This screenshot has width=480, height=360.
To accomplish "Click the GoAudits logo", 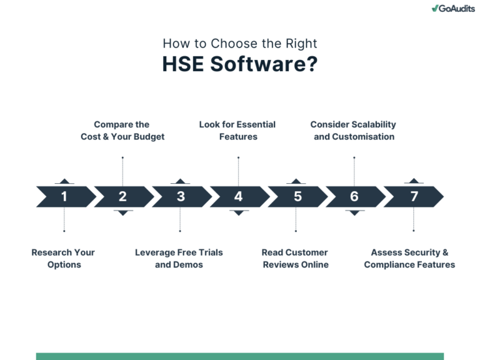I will click(x=452, y=8).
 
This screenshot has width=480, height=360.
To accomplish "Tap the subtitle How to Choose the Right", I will click(x=240, y=44).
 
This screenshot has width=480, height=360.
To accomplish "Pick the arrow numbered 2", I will click(x=122, y=196).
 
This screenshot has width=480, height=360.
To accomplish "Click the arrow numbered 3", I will click(x=181, y=196).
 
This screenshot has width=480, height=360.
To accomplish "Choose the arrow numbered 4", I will click(x=238, y=196).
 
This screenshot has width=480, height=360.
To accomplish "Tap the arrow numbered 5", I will click(x=297, y=196).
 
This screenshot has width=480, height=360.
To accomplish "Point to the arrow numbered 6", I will click(x=354, y=196).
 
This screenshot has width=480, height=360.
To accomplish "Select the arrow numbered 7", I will click(x=414, y=196).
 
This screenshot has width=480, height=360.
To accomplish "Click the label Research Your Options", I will click(x=64, y=258).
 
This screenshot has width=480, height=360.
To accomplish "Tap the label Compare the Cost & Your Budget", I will click(x=122, y=130).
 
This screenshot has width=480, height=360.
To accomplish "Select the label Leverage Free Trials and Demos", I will click(x=179, y=258).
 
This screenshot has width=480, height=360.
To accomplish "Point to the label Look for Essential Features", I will click(x=237, y=130).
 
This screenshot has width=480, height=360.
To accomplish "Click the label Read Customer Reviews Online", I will click(x=295, y=258).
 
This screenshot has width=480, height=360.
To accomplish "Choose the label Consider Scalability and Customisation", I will click(x=354, y=130).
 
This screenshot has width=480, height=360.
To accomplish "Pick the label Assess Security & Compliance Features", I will click(x=410, y=258).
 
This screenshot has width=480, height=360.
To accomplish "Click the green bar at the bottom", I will click(x=240, y=356).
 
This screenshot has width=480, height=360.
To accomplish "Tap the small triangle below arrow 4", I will click(x=238, y=212).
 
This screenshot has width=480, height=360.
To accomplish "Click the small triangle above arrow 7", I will click(x=414, y=181).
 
